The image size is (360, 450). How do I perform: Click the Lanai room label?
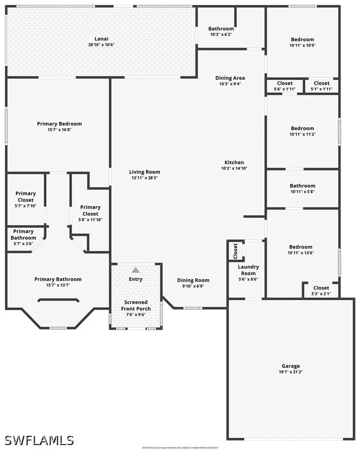[x=101, y=38]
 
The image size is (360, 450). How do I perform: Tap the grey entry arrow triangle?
[x=136, y=270]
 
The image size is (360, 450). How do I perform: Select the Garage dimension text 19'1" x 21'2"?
[x=291, y=372]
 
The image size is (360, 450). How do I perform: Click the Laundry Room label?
[x=248, y=270]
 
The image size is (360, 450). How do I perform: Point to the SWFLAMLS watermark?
[x=40, y=439]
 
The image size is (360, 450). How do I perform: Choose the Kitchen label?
[x=234, y=162]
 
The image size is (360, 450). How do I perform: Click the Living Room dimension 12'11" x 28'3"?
[x=144, y=178]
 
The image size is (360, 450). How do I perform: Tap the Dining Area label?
[x=230, y=78]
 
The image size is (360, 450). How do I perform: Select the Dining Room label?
[x=193, y=280]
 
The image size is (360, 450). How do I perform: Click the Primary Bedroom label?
[x=59, y=123]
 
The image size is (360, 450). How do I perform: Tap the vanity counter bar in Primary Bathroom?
[x=58, y=301]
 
